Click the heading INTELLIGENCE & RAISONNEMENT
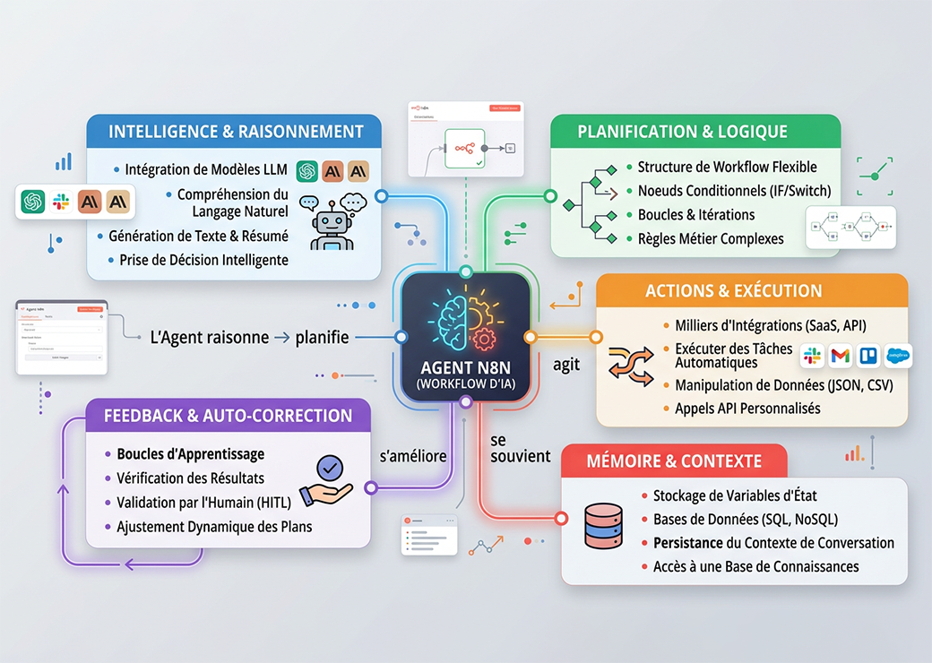click(236, 132)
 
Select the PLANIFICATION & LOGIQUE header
click(682, 132)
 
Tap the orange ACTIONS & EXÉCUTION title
click(733, 291)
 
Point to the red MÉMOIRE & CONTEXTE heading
click(674, 461)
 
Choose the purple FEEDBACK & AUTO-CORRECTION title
click(228, 416)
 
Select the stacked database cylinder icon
click(601, 526)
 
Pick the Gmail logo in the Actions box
click(840, 356)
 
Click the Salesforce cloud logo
click(897, 356)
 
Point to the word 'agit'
click(566, 366)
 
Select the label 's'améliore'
click(413, 456)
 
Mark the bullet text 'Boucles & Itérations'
click(696, 215)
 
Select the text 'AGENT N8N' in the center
click(464, 368)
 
